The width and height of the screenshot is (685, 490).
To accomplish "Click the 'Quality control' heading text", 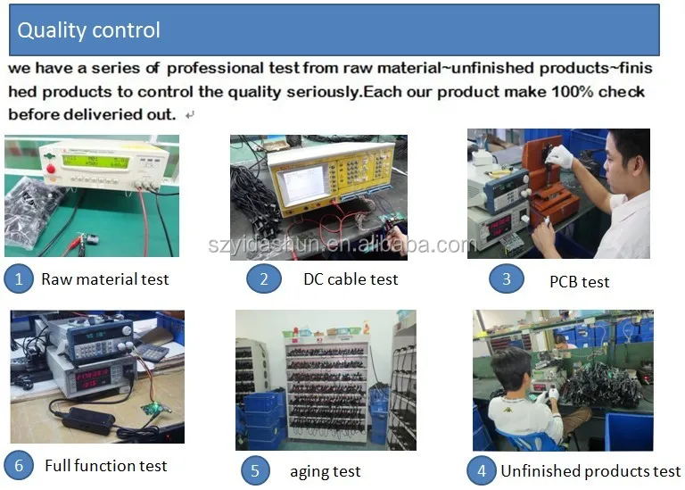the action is [x=88, y=30].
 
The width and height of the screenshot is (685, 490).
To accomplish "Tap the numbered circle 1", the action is [x=19, y=278].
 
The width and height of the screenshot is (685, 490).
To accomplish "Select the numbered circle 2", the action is [x=264, y=278].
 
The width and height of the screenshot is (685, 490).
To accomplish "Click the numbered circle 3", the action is [x=507, y=278].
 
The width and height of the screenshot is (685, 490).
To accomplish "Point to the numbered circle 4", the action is [x=482, y=470].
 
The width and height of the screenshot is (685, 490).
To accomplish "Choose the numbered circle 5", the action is [x=255, y=470].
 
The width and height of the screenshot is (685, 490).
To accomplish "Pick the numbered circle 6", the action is [x=19, y=466].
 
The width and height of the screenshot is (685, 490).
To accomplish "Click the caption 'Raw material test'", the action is [x=105, y=279].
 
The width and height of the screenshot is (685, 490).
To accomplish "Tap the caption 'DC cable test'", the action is [x=351, y=279].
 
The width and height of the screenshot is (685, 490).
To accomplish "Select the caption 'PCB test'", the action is [x=579, y=282].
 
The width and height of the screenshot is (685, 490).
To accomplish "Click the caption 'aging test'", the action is [x=326, y=471].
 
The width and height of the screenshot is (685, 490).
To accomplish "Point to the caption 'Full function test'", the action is [x=106, y=466].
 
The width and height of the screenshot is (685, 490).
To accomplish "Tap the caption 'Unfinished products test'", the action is [x=590, y=470].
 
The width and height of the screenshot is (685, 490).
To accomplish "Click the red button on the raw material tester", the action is [x=51, y=169].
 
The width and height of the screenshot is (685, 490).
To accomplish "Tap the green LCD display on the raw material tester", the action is [x=95, y=161].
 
